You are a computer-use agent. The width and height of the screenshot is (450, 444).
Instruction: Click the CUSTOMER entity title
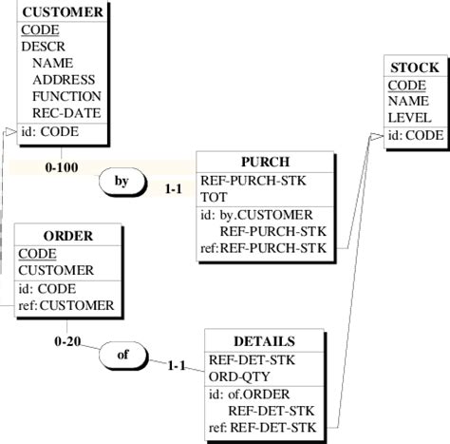63,12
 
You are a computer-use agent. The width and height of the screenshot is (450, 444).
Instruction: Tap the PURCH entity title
265,161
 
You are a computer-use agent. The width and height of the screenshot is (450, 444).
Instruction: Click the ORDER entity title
67,235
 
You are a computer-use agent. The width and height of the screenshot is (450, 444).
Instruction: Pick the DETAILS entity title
264,340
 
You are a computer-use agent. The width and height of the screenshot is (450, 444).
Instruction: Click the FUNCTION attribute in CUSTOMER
66,96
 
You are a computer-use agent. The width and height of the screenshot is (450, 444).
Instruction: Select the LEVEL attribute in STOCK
410,119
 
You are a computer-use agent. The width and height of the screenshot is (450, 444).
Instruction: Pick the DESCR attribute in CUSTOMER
43,46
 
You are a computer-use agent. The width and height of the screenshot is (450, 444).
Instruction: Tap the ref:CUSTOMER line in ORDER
66,305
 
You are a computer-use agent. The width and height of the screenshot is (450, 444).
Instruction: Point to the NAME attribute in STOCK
408,102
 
